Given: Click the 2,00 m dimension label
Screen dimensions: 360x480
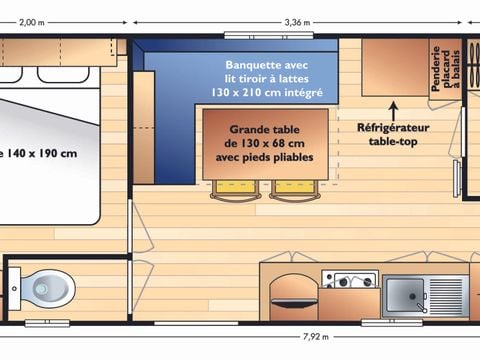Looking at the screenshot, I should (33, 21).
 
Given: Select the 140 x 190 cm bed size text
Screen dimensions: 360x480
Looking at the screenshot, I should (40, 153).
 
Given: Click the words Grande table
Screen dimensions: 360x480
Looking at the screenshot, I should (265, 130).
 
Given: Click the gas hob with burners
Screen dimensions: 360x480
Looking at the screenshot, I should (349, 279).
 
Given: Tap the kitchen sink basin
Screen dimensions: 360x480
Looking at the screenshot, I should (404, 295).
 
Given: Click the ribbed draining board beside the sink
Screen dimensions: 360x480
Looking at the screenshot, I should (446, 294).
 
